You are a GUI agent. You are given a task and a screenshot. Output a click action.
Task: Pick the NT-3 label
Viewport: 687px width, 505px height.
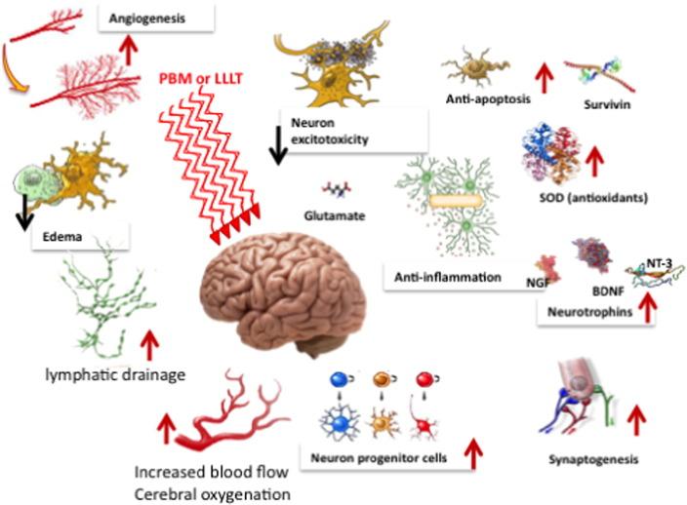pos(662,262)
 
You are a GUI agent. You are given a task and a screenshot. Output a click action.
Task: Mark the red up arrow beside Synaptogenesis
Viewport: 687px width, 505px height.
pos(637,419)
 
